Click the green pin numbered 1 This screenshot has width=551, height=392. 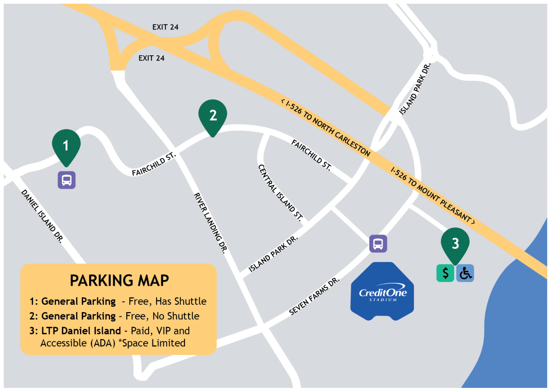click(x=66, y=146)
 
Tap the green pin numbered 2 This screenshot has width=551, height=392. click(x=213, y=116)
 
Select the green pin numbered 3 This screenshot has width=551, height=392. click(x=455, y=243)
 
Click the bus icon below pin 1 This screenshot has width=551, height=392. click(x=66, y=180)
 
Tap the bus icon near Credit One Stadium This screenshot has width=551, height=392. click(x=378, y=243)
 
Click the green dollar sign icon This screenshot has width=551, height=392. click(x=446, y=273)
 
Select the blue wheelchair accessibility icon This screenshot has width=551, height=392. click(x=465, y=273)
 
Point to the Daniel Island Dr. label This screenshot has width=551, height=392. click(x=42, y=216)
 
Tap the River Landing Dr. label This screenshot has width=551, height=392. click(x=210, y=222)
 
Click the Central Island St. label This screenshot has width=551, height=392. click(x=281, y=192)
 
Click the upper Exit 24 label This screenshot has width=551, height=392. click(x=165, y=27)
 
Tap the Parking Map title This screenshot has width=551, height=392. click(x=119, y=281)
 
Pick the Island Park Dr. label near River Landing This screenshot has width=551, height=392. click(x=273, y=254)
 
